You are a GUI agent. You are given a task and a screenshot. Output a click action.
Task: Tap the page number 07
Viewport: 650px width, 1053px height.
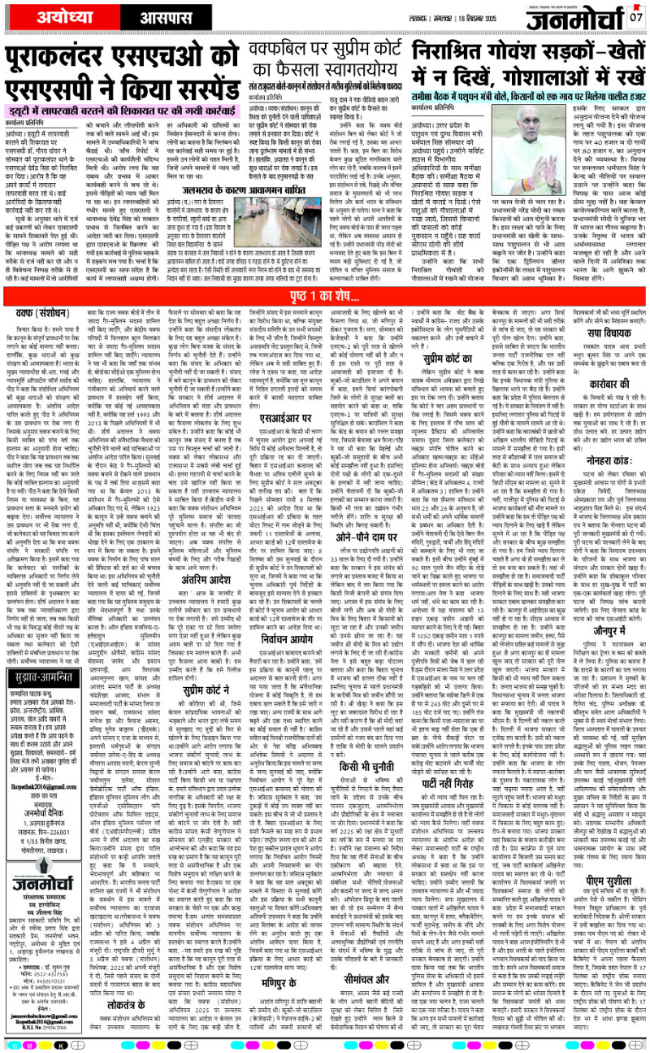(x=635, y=17)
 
